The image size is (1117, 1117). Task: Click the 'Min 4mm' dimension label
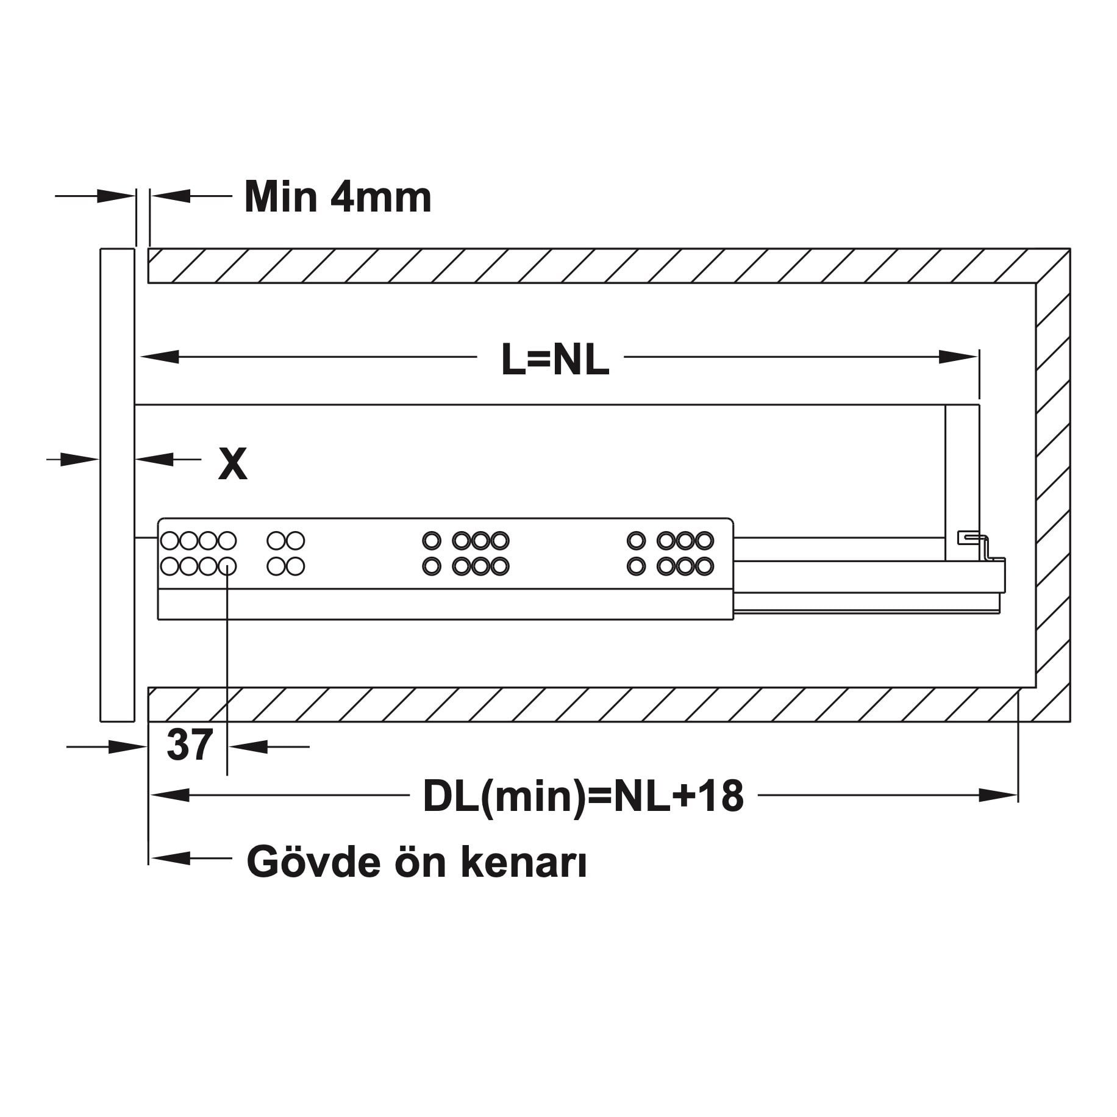(338, 197)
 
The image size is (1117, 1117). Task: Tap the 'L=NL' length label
(555, 360)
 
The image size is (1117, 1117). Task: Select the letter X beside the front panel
(233, 464)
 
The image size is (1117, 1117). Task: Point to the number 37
(189, 745)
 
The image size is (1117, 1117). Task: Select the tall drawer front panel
(116, 485)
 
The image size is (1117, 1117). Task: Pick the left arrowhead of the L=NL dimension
(159, 357)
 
